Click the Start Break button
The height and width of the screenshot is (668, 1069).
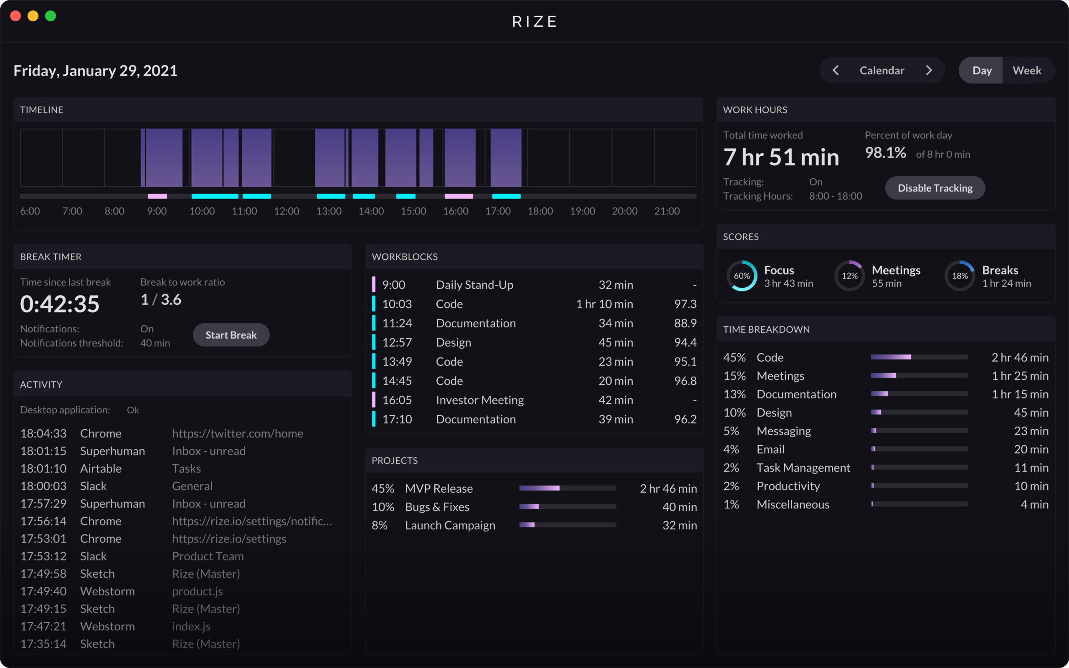(x=231, y=335)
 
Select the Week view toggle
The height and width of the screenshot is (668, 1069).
(x=1026, y=70)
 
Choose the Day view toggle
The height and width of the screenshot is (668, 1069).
(x=982, y=70)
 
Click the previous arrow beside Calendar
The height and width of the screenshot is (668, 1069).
(x=836, y=70)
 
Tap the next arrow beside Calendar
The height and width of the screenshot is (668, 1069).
(x=929, y=70)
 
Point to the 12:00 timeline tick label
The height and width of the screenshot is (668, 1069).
(x=286, y=211)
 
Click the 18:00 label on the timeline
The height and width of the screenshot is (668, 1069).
(x=540, y=211)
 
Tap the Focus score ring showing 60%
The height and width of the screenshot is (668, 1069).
(x=742, y=276)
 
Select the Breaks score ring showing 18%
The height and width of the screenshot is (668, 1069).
(x=960, y=276)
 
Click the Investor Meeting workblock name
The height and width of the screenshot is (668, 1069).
(x=480, y=400)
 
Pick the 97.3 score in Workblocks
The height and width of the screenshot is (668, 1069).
(x=685, y=304)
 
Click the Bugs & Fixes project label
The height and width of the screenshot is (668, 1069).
(x=437, y=507)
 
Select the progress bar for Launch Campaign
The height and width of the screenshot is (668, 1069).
(x=567, y=525)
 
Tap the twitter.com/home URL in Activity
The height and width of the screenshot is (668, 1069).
(x=238, y=433)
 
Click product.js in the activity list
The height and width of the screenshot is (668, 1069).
(x=198, y=591)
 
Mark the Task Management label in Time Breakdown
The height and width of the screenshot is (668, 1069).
(x=803, y=468)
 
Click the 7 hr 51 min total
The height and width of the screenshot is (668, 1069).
(x=781, y=157)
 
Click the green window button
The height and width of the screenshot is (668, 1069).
(x=51, y=16)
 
